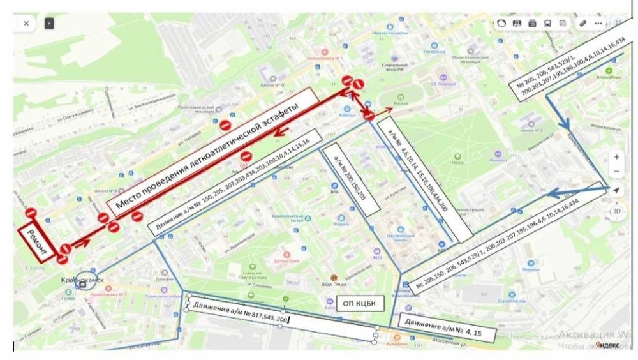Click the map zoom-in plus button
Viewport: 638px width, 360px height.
tap(616, 156)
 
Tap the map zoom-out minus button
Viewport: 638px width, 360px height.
tap(616, 172)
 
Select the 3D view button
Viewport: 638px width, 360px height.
tap(616, 211)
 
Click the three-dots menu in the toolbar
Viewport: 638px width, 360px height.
tap(598, 23)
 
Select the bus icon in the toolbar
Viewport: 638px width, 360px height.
tap(547, 23)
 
